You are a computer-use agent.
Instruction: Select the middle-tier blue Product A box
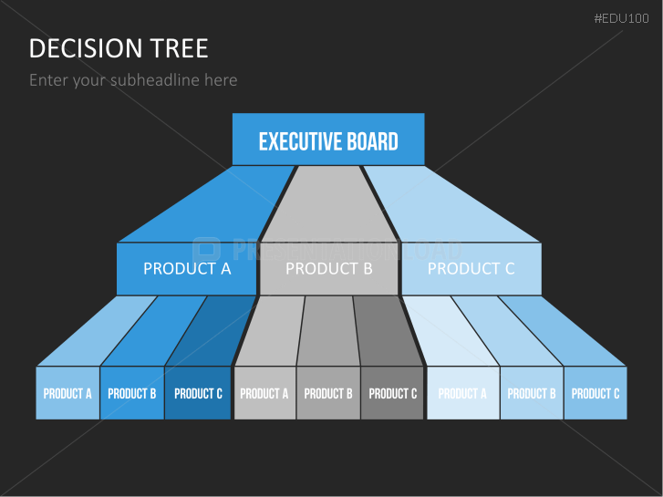click(x=187, y=268)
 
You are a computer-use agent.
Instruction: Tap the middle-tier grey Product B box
click(x=329, y=268)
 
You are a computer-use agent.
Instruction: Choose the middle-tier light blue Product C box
click(x=471, y=268)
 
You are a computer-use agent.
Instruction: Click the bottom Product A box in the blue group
click(x=67, y=393)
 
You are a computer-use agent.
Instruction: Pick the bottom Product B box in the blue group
click(x=132, y=393)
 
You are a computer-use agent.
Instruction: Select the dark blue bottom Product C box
click(x=198, y=393)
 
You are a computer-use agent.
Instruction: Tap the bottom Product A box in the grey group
click(x=264, y=393)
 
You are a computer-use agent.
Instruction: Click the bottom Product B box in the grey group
click(x=328, y=393)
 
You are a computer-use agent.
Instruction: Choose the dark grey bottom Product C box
click(x=393, y=393)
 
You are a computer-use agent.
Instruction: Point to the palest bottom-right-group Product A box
click(x=462, y=393)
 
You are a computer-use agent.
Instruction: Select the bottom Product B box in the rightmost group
click(x=532, y=393)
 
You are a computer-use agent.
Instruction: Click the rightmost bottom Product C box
click(x=596, y=393)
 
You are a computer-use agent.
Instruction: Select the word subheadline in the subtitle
click(x=155, y=80)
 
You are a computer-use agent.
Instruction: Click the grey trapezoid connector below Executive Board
click(x=329, y=205)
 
